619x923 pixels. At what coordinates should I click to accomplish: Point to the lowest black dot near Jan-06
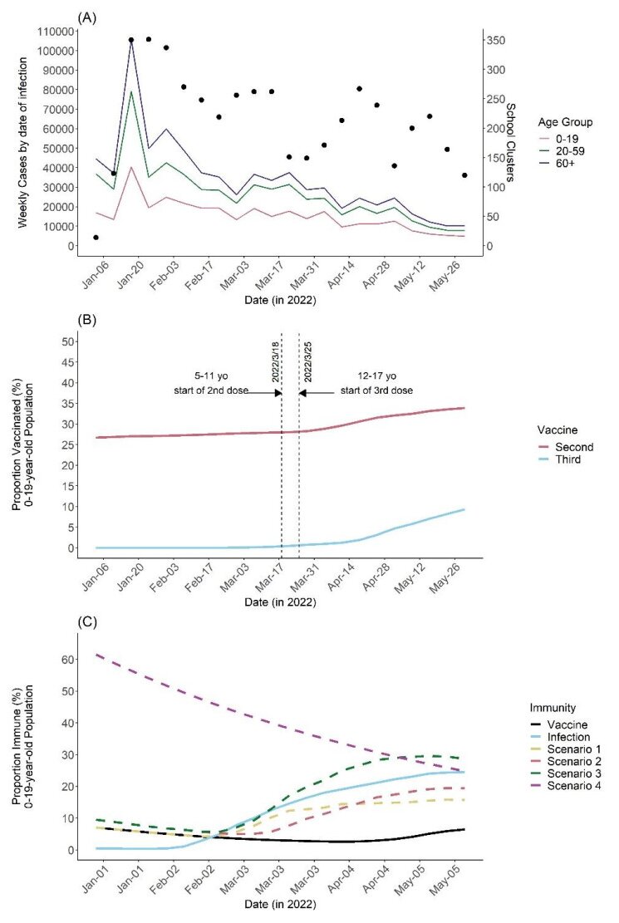pos(96,238)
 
